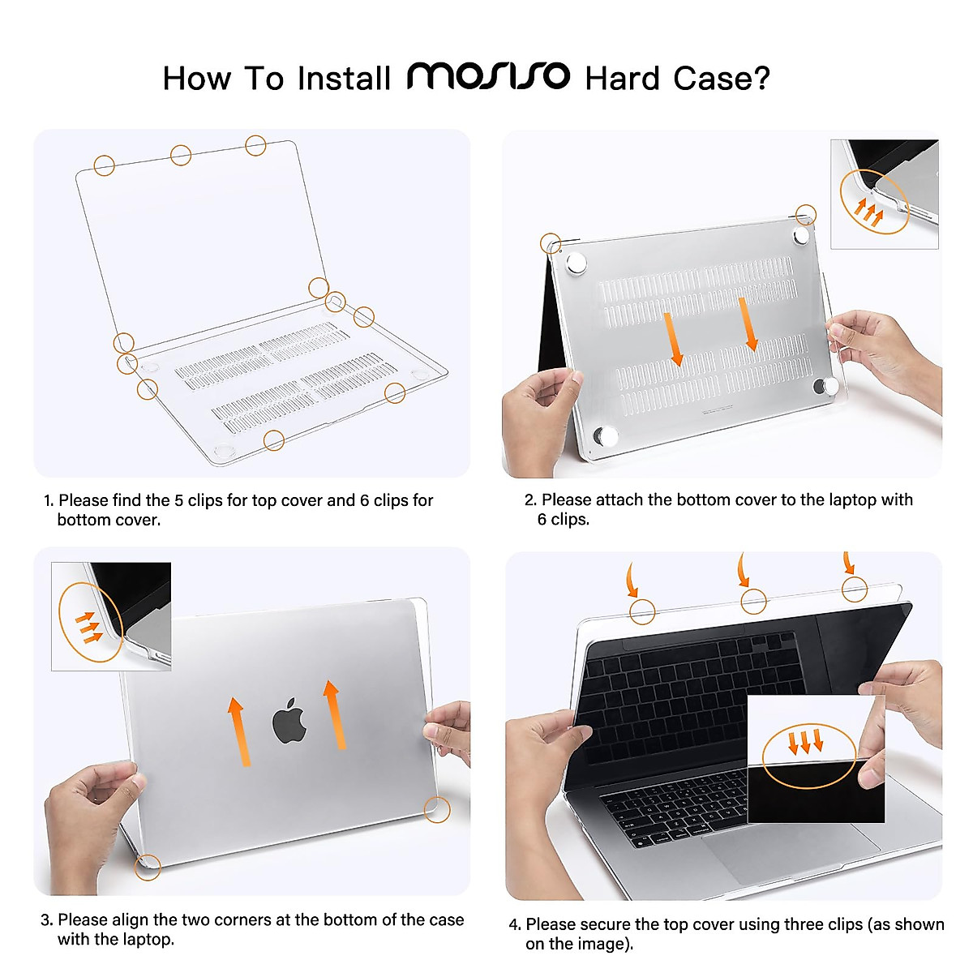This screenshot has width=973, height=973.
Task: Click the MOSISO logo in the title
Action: point(488,76)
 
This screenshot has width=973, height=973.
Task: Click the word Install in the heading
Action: point(344,79)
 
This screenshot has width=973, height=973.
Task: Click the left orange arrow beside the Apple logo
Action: point(238,731)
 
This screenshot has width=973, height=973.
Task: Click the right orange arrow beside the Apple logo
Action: point(333,714)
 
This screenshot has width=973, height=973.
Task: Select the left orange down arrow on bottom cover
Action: point(673,340)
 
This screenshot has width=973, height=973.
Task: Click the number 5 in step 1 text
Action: point(179,500)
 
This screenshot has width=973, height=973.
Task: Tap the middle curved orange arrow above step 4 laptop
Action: point(743,571)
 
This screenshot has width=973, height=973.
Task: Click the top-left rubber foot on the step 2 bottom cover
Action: point(577,264)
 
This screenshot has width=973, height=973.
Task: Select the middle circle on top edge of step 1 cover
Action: point(181,155)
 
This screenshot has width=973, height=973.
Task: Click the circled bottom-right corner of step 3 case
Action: point(437,809)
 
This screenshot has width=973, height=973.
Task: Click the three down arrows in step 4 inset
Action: point(806,741)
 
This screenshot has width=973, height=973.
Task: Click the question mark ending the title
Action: point(761,79)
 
